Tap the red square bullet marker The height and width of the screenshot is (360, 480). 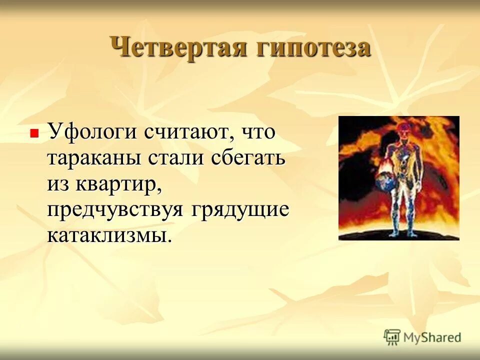click(x=34, y=133)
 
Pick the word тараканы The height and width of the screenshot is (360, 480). click(x=93, y=158)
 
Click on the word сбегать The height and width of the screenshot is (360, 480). click(x=248, y=158)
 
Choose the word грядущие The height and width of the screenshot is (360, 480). click(x=239, y=210)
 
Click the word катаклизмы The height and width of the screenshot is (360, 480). click(x=109, y=235)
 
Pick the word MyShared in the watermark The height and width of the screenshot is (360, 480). click(x=432, y=337)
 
